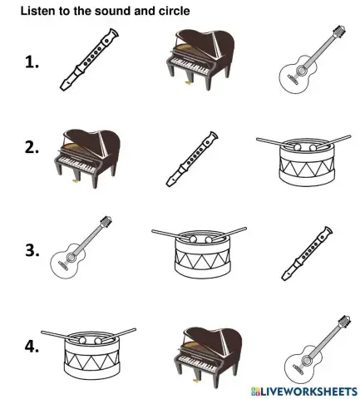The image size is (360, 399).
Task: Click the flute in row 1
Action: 86,57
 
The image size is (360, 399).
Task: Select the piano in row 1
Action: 195,57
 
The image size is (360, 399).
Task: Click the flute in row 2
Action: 192,158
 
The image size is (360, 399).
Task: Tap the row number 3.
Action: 34,249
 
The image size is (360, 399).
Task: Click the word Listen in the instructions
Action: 37,11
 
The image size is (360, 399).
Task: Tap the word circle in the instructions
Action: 174,11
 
